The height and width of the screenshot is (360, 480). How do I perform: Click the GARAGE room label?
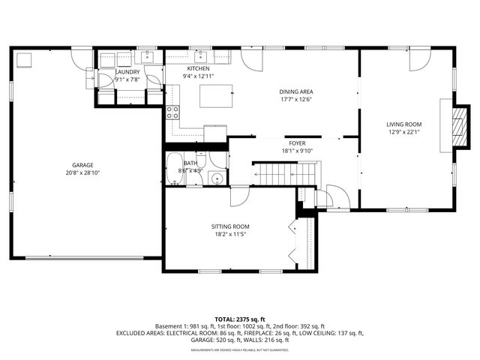point(82,165)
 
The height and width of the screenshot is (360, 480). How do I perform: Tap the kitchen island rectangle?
point(216,95)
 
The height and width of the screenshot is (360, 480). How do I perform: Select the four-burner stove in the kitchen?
point(172,112)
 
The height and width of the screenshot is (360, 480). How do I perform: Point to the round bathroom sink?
point(215,178)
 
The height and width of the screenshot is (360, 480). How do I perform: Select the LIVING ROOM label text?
point(404,124)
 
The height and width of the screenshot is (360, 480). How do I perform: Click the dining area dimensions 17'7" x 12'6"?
point(295,99)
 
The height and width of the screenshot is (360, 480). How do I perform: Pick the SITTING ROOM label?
point(230,226)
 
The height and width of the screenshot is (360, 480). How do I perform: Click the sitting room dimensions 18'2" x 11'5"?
point(230,235)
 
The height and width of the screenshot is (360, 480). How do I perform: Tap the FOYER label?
point(298,142)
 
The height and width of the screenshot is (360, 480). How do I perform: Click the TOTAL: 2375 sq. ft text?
point(239,319)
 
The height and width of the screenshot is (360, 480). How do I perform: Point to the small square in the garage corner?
point(24,59)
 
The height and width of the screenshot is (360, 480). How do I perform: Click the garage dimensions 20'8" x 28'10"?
point(82,173)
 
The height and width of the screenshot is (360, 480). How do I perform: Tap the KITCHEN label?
point(193,68)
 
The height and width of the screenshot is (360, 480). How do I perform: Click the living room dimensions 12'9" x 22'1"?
point(404,133)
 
